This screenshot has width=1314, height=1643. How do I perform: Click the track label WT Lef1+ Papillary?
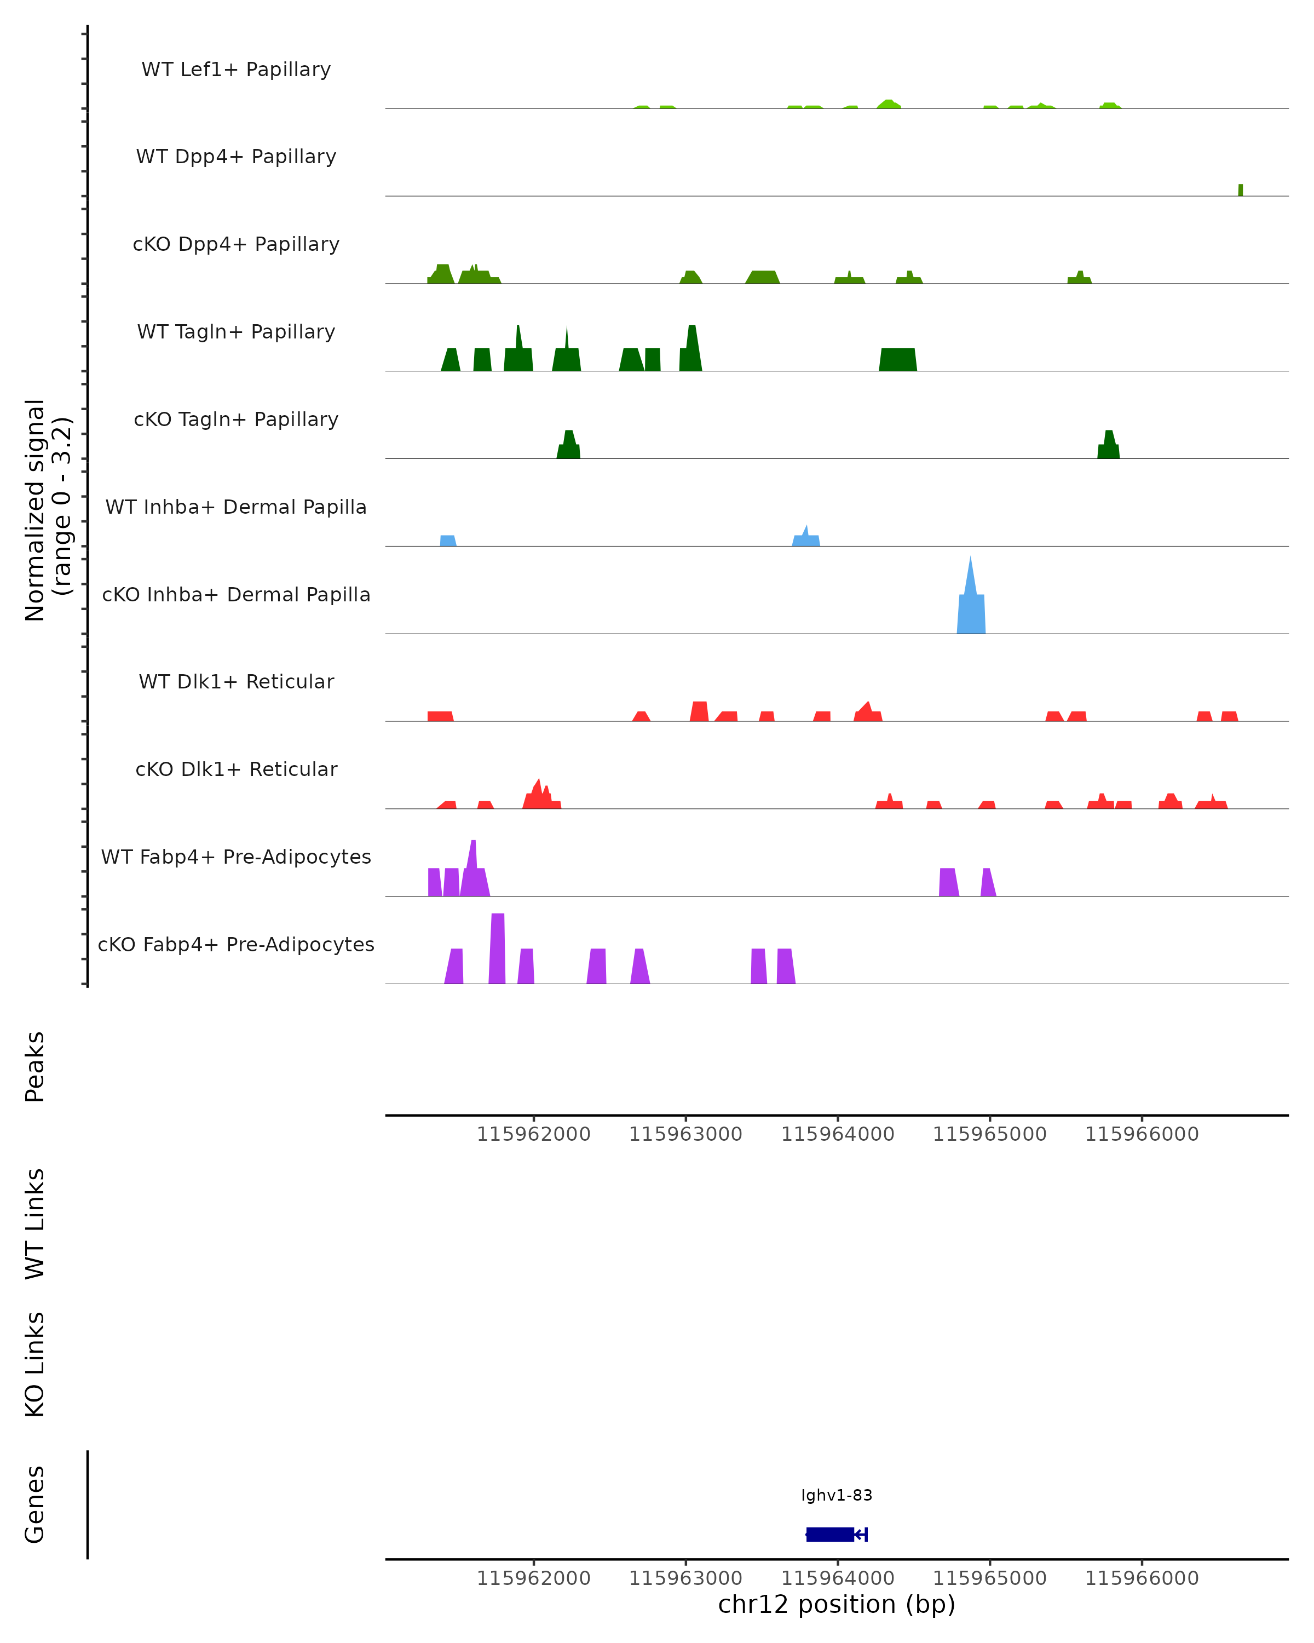coord(236,70)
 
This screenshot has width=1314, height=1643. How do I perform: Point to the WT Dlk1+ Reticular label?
coord(236,681)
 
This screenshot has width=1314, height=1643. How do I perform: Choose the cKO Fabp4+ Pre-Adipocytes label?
coord(236,944)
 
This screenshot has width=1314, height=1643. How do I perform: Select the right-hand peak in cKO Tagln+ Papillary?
coord(1108,446)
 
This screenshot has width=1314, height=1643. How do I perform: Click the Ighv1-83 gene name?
coord(837,1495)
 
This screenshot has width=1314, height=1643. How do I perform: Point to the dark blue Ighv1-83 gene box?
coord(829,1534)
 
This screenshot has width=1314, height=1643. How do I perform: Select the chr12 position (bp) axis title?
coord(837,1604)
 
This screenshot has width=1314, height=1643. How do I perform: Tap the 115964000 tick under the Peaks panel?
coord(838,1134)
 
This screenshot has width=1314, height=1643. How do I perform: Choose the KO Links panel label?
coord(35,1364)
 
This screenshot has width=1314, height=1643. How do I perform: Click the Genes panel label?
coord(35,1504)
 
